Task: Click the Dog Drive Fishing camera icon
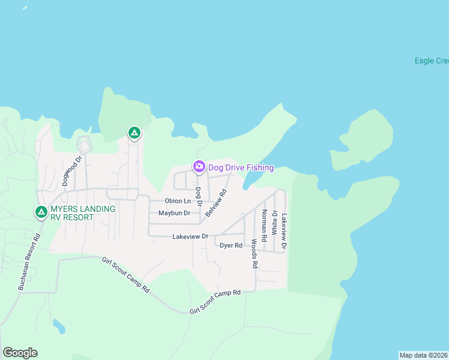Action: pos(199,166)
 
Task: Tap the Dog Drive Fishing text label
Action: pos(241,168)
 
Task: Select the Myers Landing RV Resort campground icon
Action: pos(41,212)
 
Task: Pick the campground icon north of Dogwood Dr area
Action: pos(134,133)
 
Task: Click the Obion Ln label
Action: pos(178,201)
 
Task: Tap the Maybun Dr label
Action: pos(174,213)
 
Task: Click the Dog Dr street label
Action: pos(197,196)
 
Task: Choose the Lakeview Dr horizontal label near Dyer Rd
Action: pos(190,237)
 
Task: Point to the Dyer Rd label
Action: pos(231,245)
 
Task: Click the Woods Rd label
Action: pos(255,254)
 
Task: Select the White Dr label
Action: pos(274,222)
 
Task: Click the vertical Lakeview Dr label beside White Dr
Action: pos(285,231)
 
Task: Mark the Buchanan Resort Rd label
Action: pos(28,262)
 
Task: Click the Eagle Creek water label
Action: pos(432,61)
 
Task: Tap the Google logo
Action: pos(20,353)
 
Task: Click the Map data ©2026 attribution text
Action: pos(423,355)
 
